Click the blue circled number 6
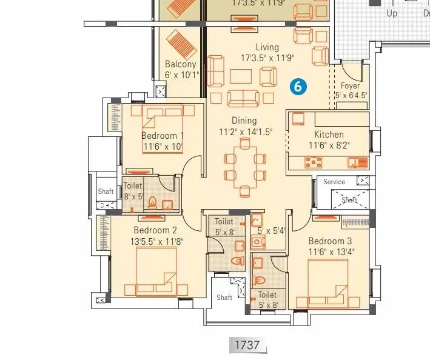[x=298, y=87]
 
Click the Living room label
[x=267, y=47]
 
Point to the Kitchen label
[x=329, y=135]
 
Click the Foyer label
[x=350, y=86]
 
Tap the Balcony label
[x=181, y=64]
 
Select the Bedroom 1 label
[x=163, y=136]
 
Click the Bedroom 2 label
[x=155, y=230]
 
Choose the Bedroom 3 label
[x=329, y=241]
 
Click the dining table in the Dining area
[x=244, y=167]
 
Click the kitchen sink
[x=355, y=162]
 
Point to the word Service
[x=334, y=182]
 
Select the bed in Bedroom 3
[x=328, y=282]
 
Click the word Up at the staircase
[x=392, y=13]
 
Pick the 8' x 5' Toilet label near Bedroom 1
[x=133, y=192]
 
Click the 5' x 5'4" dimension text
[x=270, y=231]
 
